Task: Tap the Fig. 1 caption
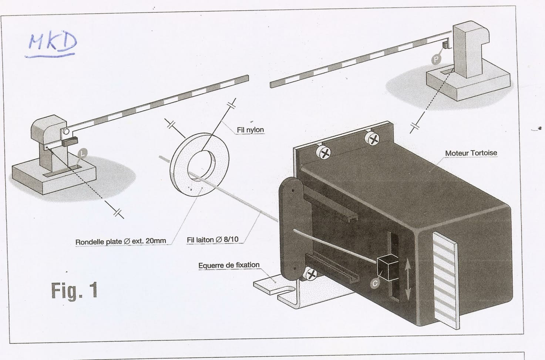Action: (x=74, y=290)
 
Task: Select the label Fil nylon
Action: (x=250, y=130)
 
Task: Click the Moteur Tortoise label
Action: (x=471, y=153)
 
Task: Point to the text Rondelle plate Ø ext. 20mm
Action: (x=121, y=241)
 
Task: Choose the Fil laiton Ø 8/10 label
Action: (x=212, y=240)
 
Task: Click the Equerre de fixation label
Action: (x=229, y=265)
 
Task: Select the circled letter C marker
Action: (x=375, y=283)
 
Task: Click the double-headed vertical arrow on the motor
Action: (x=407, y=279)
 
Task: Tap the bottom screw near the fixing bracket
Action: (x=311, y=274)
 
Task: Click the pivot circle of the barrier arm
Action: (x=66, y=131)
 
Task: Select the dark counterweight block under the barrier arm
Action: (x=70, y=141)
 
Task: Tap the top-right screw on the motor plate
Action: (x=373, y=139)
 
